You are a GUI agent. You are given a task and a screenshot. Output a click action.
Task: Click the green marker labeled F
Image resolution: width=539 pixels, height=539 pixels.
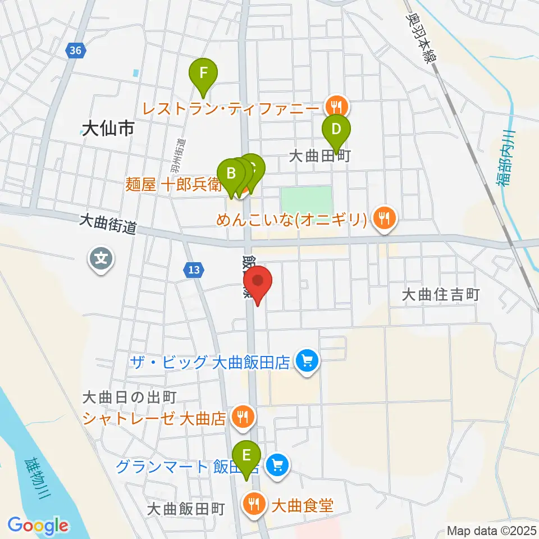point(203,74)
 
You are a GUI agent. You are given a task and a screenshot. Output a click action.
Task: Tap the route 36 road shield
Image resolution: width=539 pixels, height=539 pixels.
point(76,51)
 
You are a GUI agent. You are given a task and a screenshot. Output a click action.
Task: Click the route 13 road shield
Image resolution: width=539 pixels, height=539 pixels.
point(194,271)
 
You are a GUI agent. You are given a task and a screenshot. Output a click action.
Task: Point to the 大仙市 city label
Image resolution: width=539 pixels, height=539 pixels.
point(108,130)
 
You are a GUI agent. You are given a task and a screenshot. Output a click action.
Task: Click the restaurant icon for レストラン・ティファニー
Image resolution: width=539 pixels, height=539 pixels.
point(337,105)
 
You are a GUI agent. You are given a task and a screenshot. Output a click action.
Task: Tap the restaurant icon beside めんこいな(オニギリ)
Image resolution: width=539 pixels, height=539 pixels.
point(384,217)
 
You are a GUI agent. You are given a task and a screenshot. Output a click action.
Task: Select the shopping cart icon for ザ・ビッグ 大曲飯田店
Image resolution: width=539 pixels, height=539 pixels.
point(307,360)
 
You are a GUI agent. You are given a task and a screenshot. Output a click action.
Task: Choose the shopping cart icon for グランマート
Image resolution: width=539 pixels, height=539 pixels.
point(276,464)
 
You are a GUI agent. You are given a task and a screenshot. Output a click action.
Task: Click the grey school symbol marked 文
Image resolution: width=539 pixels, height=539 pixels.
point(102,259)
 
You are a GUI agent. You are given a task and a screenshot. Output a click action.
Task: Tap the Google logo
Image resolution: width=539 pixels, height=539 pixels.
point(38,526)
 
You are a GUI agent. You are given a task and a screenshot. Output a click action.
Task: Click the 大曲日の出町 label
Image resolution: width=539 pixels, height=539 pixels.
point(129,398)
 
